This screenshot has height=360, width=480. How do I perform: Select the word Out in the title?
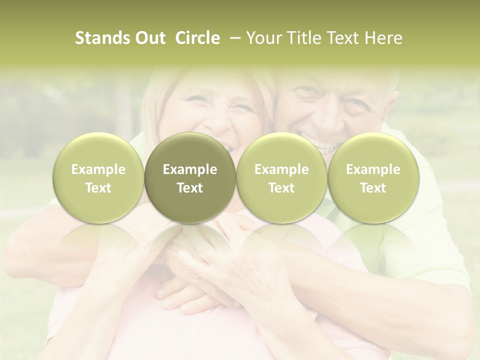pyautogui.click(x=148, y=38)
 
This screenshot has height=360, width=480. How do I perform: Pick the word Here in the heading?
pyautogui.click(x=383, y=38)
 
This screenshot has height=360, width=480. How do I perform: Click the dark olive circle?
pyautogui.click(x=190, y=178)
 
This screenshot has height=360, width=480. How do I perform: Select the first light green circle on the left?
pyautogui.click(x=98, y=178)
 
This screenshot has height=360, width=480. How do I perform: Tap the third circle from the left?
pyautogui.click(x=281, y=178)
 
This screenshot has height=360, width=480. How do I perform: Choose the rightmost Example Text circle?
pyautogui.click(x=373, y=178)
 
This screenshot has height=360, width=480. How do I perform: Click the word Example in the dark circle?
pyautogui.click(x=190, y=169)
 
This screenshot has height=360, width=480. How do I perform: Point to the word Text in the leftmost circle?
pyautogui.click(x=98, y=188)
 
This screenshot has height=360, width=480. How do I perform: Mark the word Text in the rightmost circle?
pyautogui.click(x=373, y=188)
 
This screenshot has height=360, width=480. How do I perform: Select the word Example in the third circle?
pyautogui.click(x=281, y=169)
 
